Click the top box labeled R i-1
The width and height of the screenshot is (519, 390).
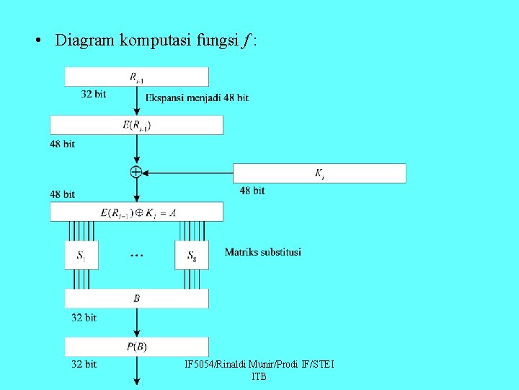[x=136, y=77]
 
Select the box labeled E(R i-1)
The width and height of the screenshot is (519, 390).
[x=136, y=125]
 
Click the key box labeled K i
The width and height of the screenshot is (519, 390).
[x=319, y=173]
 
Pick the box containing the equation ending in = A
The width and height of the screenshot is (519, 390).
[x=136, y=212]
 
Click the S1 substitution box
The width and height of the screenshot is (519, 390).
[x=81, y=255]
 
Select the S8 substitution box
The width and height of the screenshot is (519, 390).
[x=191, y=255]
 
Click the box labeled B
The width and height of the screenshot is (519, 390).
[x=136, y=298]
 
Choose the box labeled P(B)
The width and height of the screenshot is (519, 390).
[x=136, y=347]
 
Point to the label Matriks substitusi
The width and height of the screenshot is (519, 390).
[x=262, y=252]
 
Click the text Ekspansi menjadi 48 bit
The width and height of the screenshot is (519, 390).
[x=197, y=97]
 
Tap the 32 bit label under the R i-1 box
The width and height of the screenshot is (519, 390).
[x=94, y=94]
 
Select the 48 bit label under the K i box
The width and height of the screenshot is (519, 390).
[x=252, y=191]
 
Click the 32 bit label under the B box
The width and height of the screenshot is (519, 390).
[x=84, y=317]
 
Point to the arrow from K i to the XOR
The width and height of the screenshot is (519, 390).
[x=187, y=173]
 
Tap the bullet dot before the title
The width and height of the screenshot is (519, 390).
[x=37, y=40]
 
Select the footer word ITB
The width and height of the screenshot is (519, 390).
[x=259, y=377]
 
